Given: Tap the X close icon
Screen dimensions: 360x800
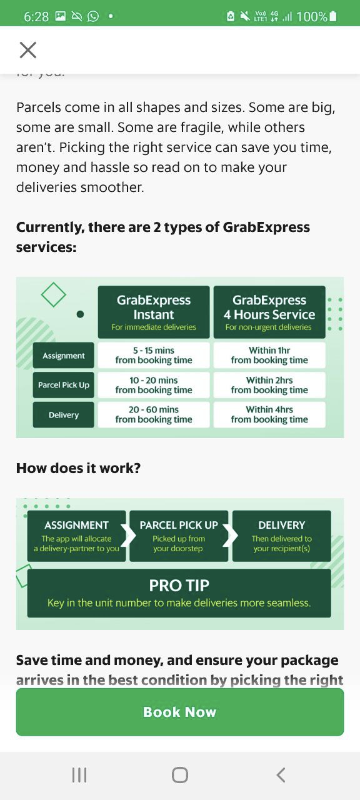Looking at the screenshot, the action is pyautogui.click(x=28, y=49).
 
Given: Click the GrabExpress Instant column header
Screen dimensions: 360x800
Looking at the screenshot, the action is pyautogui.click(x=154, y=312).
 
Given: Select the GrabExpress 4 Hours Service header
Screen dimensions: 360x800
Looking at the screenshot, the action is pyautogui.click(x=269, y=312).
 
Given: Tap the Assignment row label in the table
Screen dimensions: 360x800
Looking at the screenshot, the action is pyautogui.click(x=64, y=356).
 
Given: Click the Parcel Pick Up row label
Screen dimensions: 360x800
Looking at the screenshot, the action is pyautogui.click(x=64, y=385).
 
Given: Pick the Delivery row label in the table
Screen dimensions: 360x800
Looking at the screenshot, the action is pyautogui.click(x=64, y=414).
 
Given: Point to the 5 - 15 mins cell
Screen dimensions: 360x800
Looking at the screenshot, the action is pyautogui.click(x=154, y=356).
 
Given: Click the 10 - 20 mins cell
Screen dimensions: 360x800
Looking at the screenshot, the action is pyautogui.click(x=154, y=385).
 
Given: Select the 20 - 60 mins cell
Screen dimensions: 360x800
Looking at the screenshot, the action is pyautogui.click(x=154, y=414).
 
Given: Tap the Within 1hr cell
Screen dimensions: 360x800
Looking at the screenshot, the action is pyautogui.click(x=269, y=356).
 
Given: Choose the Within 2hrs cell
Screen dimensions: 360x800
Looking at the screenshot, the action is pyautogui.click(x=269, y=385).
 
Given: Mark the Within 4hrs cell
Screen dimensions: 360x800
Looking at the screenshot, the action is pyautogui.click(x=269, y=414).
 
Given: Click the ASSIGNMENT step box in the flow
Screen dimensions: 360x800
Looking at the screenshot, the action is pyautogui.click(x=76, y=536).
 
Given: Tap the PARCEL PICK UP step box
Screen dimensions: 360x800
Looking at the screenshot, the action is pyautogui.click(x=179, y=536).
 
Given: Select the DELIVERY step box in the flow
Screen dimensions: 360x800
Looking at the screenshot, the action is pyautogui.click(x=282, y=536).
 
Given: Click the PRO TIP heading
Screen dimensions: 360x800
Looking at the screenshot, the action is pyautogui.click(x=179, y=586).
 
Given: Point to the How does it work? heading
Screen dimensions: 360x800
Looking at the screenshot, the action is pyautogui.click(x=79, y=468).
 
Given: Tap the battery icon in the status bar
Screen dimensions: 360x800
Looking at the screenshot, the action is pyautogui.click(x=333, y=16).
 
